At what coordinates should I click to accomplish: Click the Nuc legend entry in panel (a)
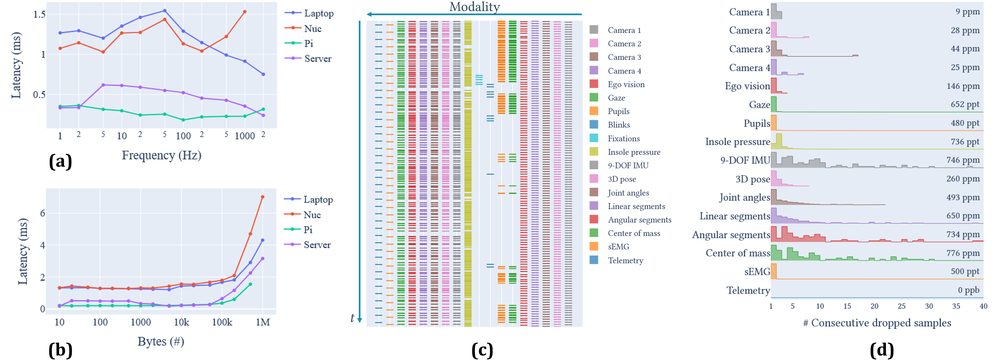pos(312,28)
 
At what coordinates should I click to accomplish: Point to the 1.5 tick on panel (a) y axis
pos(39,14)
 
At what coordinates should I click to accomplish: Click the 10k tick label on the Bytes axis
pos(181,322)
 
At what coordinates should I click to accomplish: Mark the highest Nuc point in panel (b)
pos(263,197)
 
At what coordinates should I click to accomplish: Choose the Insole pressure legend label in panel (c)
pos(634,152)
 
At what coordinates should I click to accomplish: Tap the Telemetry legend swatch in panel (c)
pos(594,260)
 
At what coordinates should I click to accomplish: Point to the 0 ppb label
pos(968,290)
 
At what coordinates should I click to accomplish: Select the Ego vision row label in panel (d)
pos(747,86)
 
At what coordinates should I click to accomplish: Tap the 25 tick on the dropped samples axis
pos(902,306)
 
